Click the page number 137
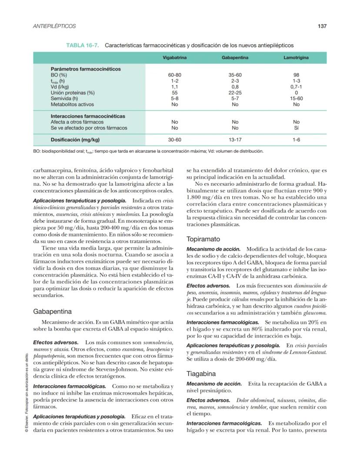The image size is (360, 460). (322, 26)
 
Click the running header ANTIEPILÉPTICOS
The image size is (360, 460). (54, 26)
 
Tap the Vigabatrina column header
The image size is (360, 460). (175, 57)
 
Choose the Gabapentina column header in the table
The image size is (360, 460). (235, 57)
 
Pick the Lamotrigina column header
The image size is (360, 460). (296, 57)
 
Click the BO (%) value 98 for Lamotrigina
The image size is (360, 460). (296, 75)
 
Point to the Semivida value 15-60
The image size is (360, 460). (296, 99)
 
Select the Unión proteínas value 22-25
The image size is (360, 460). (235, 93)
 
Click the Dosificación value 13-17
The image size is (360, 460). (235, 140)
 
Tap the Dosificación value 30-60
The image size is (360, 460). (175, 140)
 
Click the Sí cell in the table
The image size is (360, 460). (296, 128)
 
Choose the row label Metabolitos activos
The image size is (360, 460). (72, 104)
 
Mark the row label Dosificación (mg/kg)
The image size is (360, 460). (75, 140)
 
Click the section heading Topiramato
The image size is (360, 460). (203, 239)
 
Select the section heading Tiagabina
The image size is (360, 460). (200, 373)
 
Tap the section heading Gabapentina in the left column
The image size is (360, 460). (52, 311)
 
